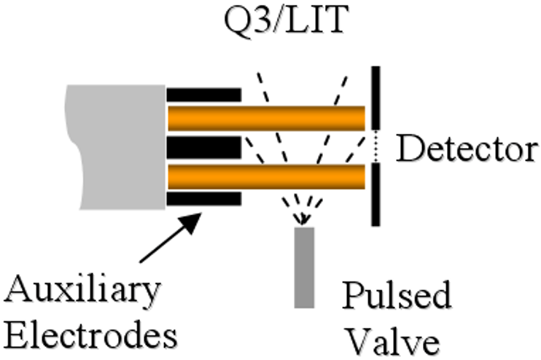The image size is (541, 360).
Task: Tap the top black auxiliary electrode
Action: (x=203, y=95)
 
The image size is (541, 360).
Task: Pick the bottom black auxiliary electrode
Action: (x=203, y=199)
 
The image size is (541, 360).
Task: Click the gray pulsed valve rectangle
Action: (x=304, y=267)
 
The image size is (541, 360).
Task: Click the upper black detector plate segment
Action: (x=375, y=98)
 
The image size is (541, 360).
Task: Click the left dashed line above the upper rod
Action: (x=265, y=88)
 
